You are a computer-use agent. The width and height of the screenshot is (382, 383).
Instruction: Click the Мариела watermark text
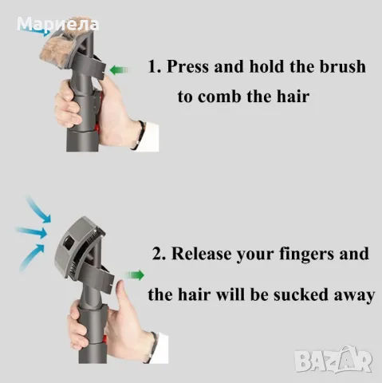pyautogui.click(x=57, y=24)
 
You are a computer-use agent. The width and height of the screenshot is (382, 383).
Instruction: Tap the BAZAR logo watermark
pyautogui.click(x=333, y=359)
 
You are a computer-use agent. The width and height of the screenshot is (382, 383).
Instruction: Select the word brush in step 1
pyautogui.click(x=343, y=66)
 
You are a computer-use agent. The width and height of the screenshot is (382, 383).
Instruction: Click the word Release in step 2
pyautogui.click(x=202, y=254)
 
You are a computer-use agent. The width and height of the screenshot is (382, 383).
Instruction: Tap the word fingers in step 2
pyautogui.click(x=307, y=254)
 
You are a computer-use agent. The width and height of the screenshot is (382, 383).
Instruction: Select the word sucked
pyautogui.click(x=301, y=294)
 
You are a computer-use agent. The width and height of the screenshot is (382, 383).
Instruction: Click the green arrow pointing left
pyautogui.click(x=120, y=70)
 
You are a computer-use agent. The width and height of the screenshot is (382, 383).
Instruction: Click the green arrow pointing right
pyautogui.click(x=135, y=274)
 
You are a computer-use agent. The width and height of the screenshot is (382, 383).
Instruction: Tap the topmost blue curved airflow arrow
pyautogui.click(x=40, y=209)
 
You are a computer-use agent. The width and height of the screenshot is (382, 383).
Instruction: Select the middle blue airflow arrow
pyautogui.click(x=32, y=231)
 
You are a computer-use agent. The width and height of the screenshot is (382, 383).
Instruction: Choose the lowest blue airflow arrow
pyautogui.click(x=32, y=257)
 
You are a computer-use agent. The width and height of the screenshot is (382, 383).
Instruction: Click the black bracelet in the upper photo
pyautogui.click(x=139, y=134)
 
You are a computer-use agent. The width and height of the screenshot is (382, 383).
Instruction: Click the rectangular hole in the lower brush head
pyautogui.click(x=69, y=241)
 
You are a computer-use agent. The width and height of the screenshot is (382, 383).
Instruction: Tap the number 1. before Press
pyautogui.click(x=155, y=66)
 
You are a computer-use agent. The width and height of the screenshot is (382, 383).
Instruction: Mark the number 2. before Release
pyautogui.click(x=159, y=254)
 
